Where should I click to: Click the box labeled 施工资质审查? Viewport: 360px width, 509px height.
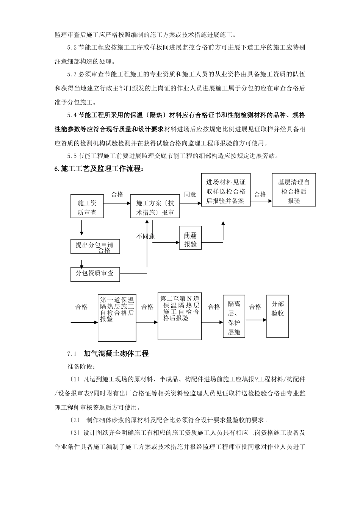[87, 207]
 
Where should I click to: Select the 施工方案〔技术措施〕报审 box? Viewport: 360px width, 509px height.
[155, 207]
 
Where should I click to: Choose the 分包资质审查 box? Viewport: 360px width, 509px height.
[95, 273]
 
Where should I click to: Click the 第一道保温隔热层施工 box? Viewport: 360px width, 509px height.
[117, 317]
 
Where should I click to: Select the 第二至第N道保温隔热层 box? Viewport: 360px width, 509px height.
[179, 316]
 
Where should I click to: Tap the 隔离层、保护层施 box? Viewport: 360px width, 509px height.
[234, 317]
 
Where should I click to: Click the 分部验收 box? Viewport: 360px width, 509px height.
[278, 316]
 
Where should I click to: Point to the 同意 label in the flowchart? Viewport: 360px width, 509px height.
[190, 194]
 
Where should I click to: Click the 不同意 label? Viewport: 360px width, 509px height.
[146, 236]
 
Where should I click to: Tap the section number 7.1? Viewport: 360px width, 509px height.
[72, 354]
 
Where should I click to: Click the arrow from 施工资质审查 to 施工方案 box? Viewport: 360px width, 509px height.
[117, 203]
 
